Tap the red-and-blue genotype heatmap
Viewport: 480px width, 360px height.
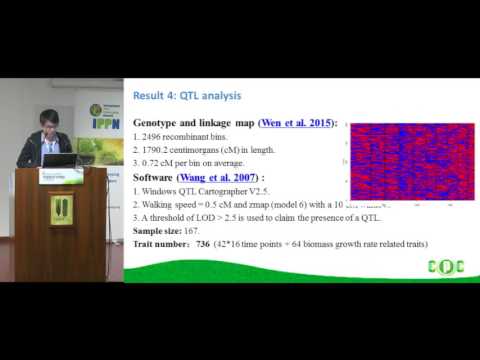point(401,162)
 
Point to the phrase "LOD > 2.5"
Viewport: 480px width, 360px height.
point(214,216)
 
